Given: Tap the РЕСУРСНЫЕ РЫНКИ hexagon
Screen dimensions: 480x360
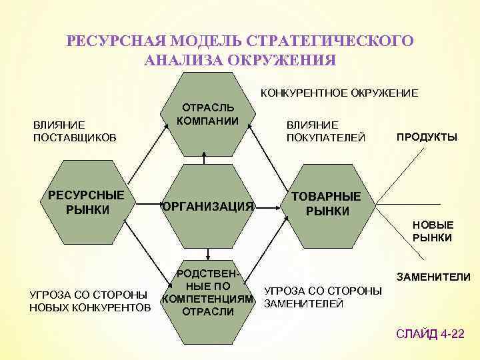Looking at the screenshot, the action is click(x=86, y=203).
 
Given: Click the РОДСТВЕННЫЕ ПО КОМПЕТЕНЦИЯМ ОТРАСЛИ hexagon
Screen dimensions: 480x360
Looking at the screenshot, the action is click(x=208, y=293).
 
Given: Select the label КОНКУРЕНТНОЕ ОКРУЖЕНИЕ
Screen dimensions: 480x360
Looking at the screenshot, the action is click(x=338, y=93).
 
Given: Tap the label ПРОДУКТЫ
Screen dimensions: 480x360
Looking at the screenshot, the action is click(x=427, y=137).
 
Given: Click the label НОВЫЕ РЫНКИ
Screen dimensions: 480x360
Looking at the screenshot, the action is click(x=433, y=231).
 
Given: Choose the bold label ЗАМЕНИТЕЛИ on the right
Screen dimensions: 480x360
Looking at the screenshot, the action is click(x=433, y=277).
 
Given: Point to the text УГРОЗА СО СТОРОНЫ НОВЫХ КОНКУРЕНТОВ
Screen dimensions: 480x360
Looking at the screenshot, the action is click(x=88, y=301).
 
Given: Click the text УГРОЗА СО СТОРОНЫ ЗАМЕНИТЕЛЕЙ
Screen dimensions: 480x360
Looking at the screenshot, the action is click(x=323, y=297).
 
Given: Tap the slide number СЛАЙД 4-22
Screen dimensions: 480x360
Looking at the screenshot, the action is click(x=430, y=333).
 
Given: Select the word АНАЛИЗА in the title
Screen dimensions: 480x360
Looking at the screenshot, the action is click(x=184, y=60).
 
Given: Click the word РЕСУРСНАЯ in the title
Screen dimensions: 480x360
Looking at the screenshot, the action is click(x=110, y=41).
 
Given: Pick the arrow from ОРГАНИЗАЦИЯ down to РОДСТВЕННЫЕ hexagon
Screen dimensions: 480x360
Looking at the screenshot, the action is click(x=209, y=253).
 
